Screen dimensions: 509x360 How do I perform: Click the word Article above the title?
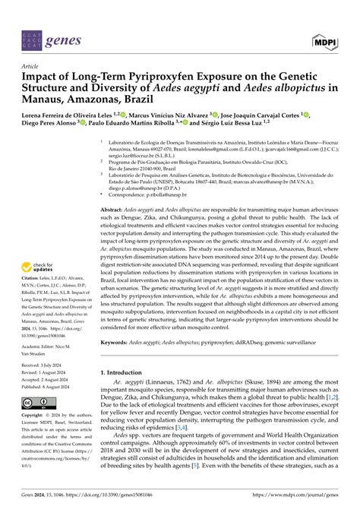point(31,66)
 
